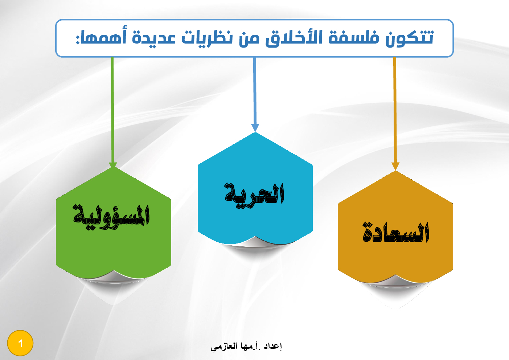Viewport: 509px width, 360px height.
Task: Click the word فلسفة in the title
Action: point(354,37)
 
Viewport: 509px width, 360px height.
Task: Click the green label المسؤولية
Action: point(111,217)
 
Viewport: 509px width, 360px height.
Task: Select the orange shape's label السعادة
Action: point(395,232)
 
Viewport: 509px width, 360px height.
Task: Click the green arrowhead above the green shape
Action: point(113,165)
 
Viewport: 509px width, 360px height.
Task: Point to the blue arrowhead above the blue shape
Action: point(255,128)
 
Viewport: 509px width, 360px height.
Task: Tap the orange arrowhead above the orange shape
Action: point(395,166)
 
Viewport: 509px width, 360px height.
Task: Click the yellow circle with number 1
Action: point(20,343)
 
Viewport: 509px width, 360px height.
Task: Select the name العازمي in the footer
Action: point(224,347)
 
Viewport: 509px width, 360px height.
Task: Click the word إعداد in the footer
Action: point(273,347)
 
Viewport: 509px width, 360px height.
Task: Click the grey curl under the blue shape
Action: point(256,242)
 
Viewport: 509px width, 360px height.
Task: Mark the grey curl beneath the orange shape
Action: point(395,280)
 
